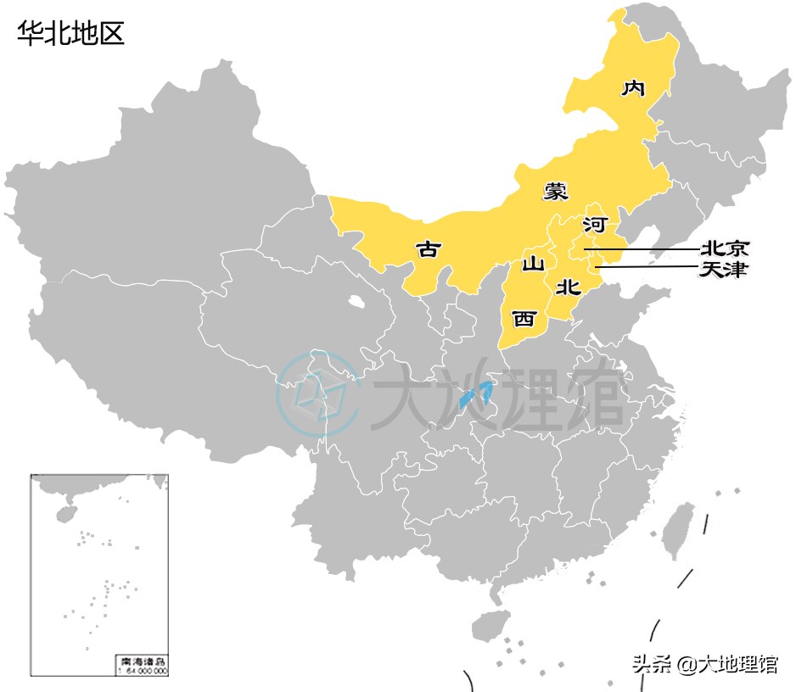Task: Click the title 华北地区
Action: (x=71, y=33)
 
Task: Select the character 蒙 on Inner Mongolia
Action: (x=556, y=191)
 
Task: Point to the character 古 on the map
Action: (x=429, y=249)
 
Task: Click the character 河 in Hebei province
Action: (x=595, y=226)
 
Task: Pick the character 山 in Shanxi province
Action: (x=532, y=264)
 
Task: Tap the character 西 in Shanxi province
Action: (x=524, y=319)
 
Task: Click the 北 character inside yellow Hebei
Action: (x=567, y=287)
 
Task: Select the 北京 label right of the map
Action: (x=725, y=249)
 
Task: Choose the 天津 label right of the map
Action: (x=725, y=270)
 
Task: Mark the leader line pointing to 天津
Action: (x=645, y=268)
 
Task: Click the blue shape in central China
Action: (x=475, y=395)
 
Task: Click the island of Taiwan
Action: (x=679, y=531)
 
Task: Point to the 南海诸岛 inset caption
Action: (x=141, y=660)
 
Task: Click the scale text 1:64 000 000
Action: (x=141, y=670)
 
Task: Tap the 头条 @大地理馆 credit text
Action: (x=704, y=665)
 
